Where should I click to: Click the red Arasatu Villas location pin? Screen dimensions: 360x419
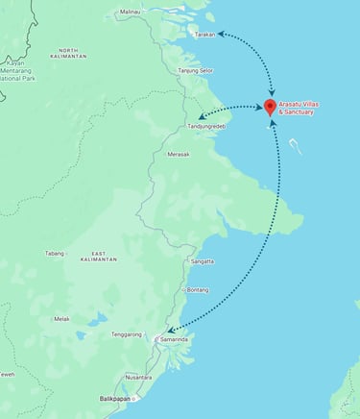(x=270, y=106)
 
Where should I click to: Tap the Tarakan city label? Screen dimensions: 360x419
(x=204, y=34)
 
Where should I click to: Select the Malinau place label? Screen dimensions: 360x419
(x=130, y=12)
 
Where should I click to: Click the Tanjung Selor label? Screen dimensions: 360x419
(x=195, y=70)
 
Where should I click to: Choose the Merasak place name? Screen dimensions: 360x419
(x=179, y=154)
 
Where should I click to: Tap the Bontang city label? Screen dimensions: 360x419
(x=198, y=289)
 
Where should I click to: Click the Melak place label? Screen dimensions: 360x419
(x=61, y=319)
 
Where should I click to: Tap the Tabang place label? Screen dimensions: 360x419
(x=55, y=254)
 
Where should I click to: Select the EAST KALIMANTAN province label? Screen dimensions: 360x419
(x=99, y=257)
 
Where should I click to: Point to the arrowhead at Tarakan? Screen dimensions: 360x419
(x=221, y=33)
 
